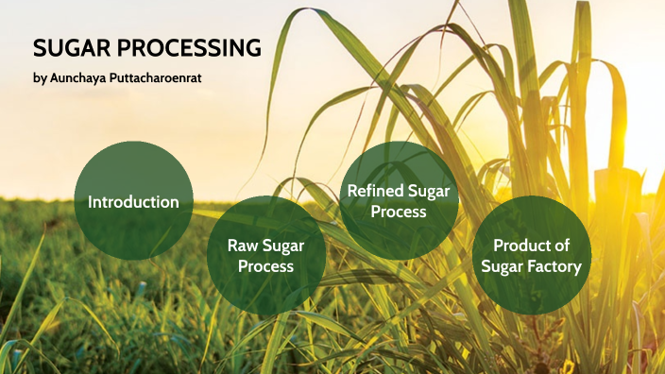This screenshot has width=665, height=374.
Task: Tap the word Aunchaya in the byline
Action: click(84, 77)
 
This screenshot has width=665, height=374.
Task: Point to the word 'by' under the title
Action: click(39, 77)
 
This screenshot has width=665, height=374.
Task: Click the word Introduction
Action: click(133, 202)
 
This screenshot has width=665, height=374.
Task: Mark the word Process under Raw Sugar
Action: click(265, 266)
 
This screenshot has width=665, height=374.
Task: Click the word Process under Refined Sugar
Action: click(398, 212)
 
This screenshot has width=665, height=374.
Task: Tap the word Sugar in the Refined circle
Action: click(430, 192)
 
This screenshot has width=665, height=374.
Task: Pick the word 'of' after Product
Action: click(562, 246)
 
